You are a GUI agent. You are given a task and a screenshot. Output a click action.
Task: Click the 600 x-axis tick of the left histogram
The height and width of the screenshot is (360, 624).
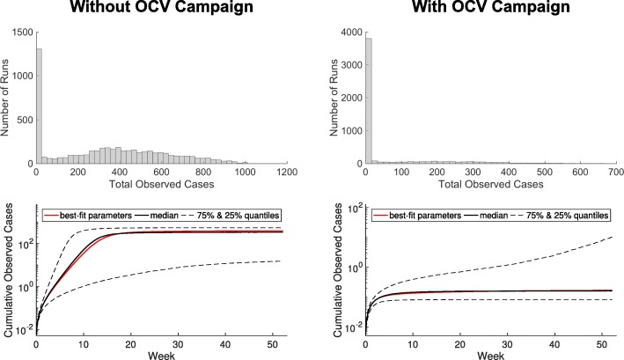169,173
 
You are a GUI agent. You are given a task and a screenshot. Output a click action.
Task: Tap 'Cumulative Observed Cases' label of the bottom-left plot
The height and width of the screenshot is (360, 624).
9,268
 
